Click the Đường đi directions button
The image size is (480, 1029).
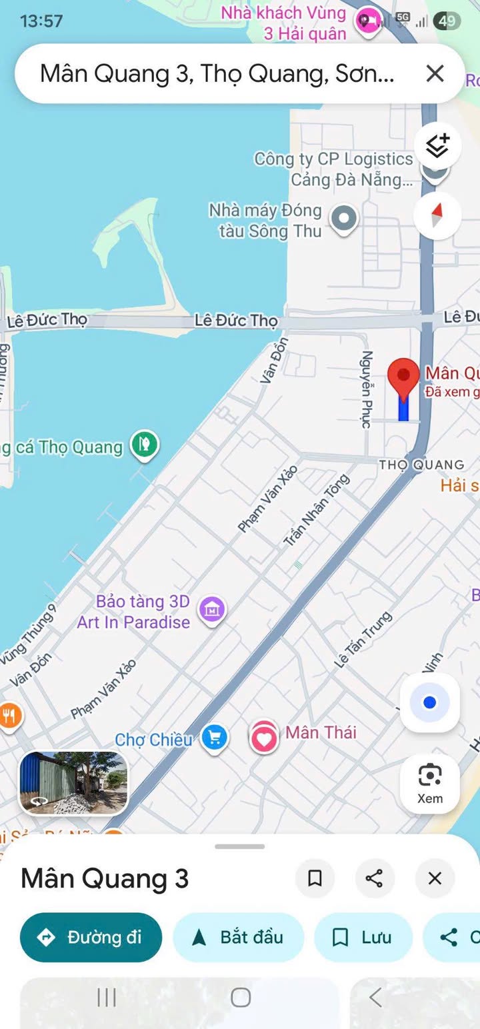[x=91, y=937]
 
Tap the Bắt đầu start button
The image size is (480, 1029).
[x=238, y=937]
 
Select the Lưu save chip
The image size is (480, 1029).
[x=363, y=937]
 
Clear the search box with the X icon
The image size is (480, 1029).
[x=435, y=73]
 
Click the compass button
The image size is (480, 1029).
[x=437, y=215]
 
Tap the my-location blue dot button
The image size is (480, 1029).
[x=430, y=702]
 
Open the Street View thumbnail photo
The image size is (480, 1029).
[x=73, y=783]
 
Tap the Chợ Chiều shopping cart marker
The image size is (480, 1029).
[x=214, y=738]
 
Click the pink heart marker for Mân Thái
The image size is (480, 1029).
[x=264, y=738]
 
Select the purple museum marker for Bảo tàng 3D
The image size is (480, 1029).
[x=213, y=608]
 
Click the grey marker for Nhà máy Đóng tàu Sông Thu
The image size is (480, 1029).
[x=344, y=219]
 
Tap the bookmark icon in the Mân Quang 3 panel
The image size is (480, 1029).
[x=315, y=878]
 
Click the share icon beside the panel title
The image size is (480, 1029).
[x=375, y=878]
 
